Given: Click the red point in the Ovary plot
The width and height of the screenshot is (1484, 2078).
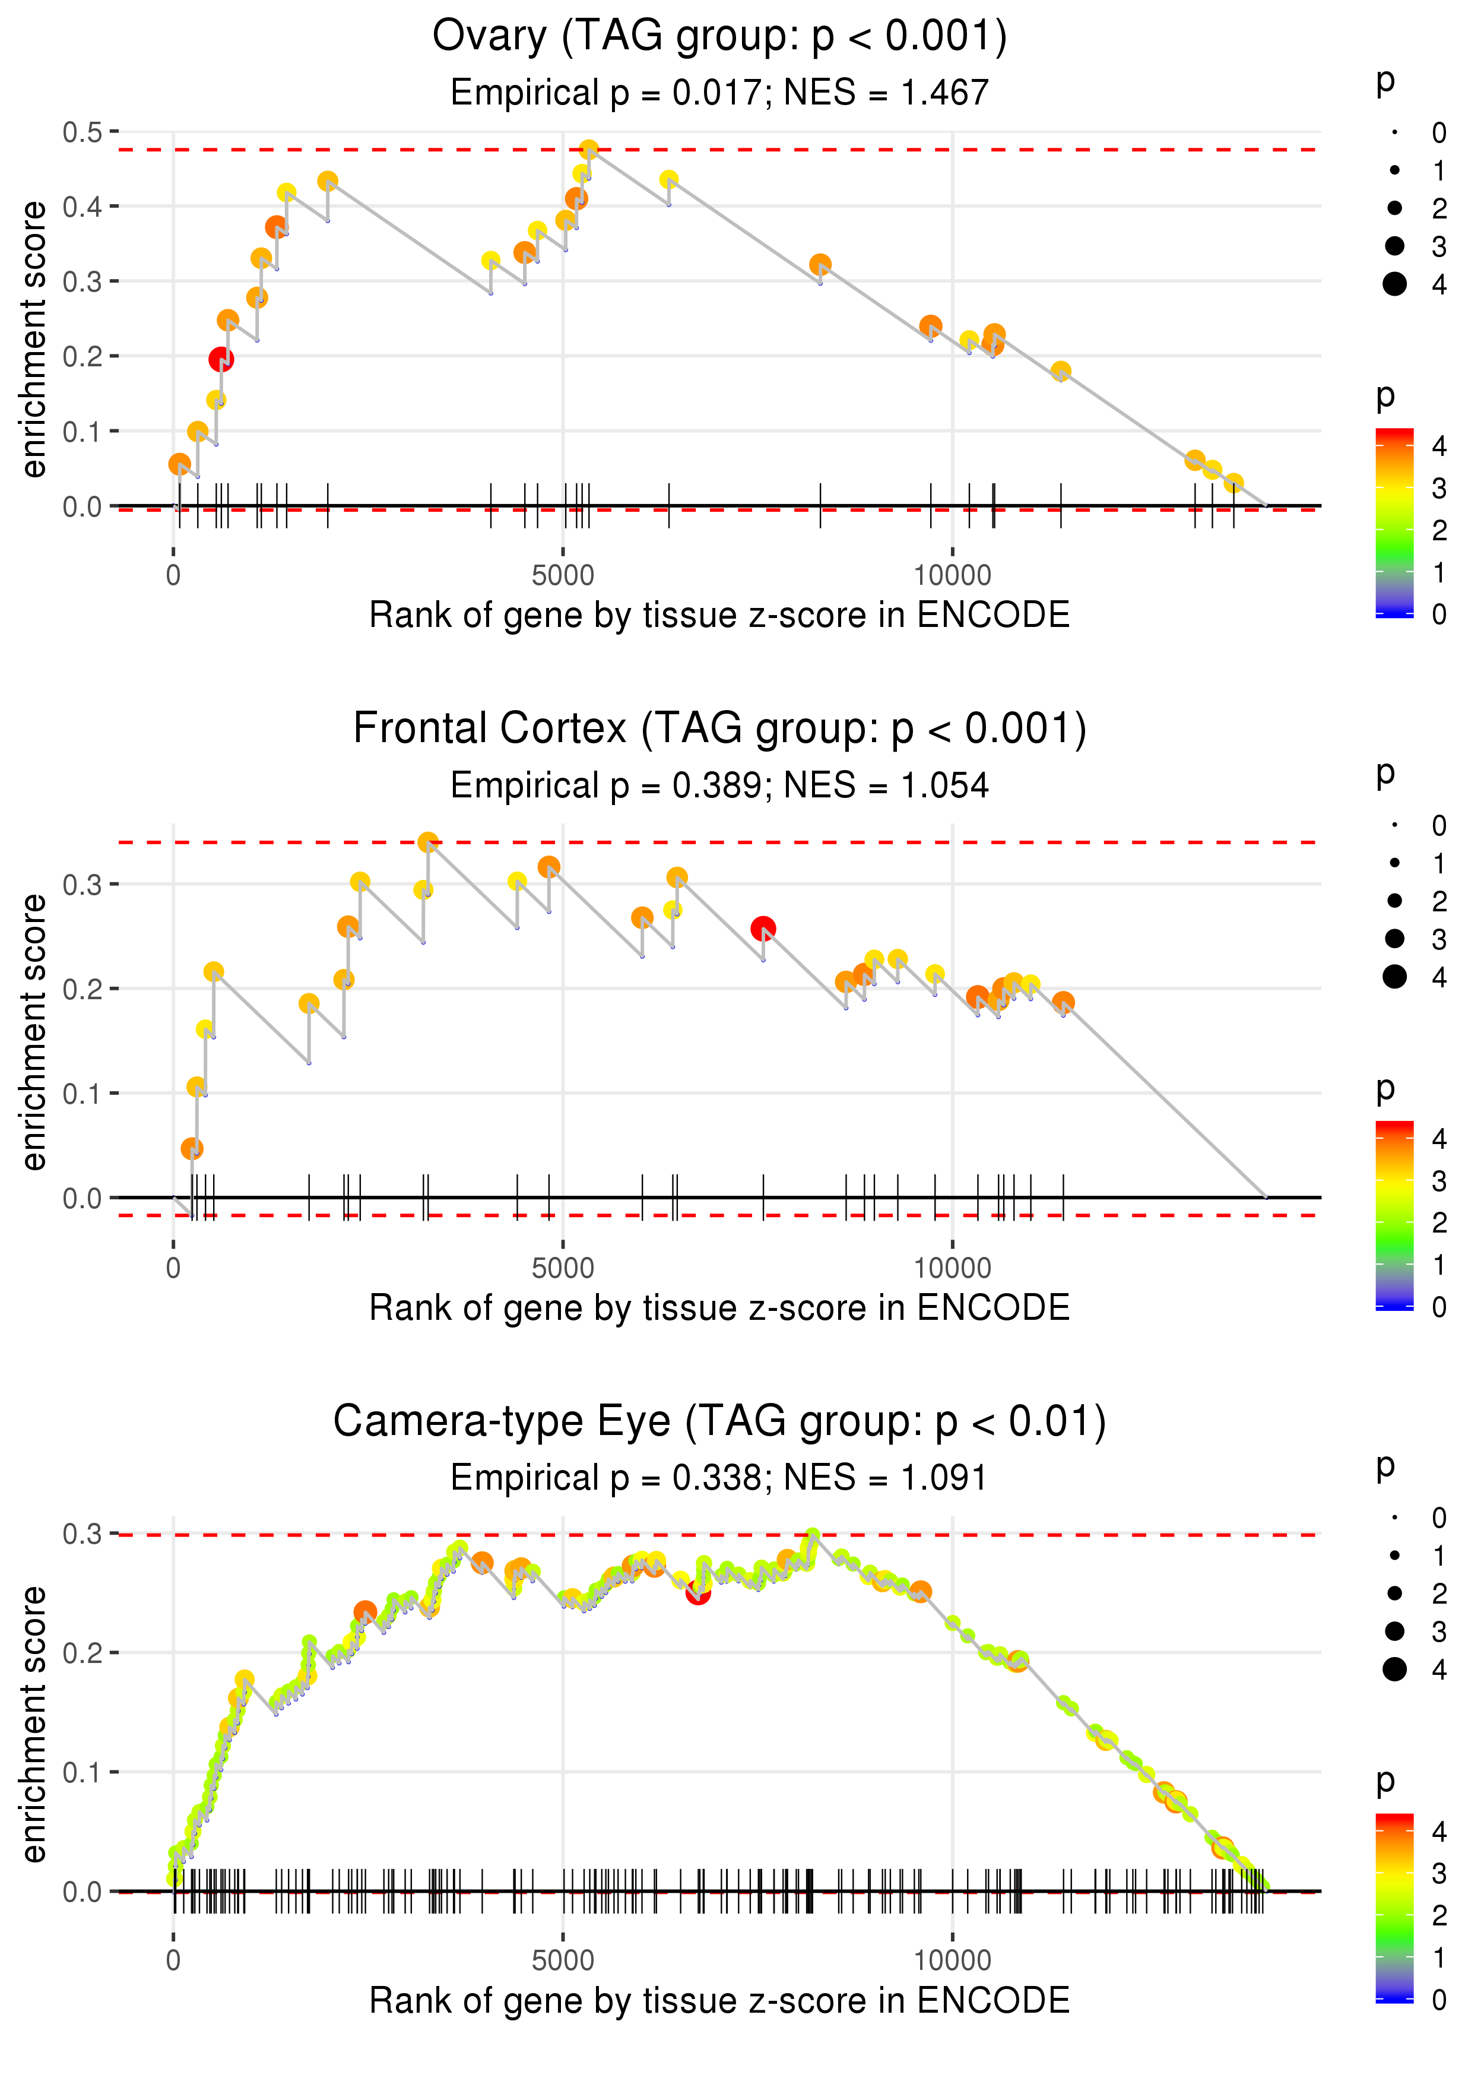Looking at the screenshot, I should (220, 359).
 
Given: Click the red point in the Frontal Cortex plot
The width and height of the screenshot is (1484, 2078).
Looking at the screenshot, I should (763, 929).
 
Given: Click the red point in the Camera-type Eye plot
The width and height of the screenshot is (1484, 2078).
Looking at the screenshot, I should (698, 1593).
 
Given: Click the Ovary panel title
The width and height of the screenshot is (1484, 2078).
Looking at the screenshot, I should (719, 37).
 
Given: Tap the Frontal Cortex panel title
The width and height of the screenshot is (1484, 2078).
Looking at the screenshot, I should (719, 729).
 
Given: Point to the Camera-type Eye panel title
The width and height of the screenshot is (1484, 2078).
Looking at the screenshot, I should (719, 1422).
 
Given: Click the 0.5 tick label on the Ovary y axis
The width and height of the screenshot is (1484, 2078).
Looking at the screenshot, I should (83, 132).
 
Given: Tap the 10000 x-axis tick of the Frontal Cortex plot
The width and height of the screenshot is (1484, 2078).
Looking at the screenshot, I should (952, 1268).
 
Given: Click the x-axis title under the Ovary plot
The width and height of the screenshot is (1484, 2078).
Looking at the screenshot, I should (719, 616).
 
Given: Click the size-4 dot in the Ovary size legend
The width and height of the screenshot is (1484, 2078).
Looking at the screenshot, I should (1394, 284).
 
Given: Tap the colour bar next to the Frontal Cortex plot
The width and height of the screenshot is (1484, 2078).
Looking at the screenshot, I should (1394, 1215).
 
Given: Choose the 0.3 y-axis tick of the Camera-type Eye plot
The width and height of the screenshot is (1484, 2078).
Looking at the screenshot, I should (83, 1534).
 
